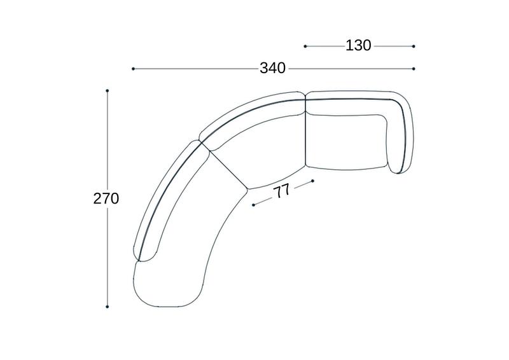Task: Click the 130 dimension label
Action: pyautogui.click(x=358, y=46)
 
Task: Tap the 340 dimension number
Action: pyautogui.click(x=273, y=69)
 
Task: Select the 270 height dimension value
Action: pyautogui.click(x=106, y=198)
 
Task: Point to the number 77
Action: pyautogui.click(x=282, y=192)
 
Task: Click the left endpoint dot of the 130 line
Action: pyautogui.click(x=305, y=46)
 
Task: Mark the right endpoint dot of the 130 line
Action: pyautogui.click(x=414, y=46)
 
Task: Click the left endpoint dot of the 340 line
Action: pyautogui.click(x=133, y=69)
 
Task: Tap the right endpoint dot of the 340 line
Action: pyautogui.click(x=414, y=69)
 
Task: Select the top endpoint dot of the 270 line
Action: pyautogui.click(x=107, y=90)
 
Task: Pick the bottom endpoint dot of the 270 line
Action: pyautogui.click(x=107, y=307)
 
